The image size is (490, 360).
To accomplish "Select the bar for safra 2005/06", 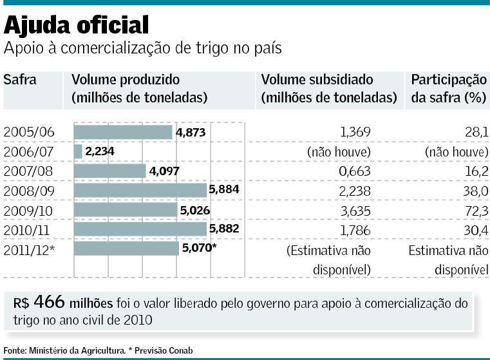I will click(x=123, y=132).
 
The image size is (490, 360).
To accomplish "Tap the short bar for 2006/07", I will click(x=78, y=151).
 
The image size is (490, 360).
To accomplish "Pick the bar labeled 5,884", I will click(x=140, y=191).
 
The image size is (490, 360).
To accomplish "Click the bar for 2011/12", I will click(x=126, y=249).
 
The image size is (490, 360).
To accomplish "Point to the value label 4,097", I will click(x=164, y=171).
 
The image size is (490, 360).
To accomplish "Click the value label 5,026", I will click(x=194, y=211).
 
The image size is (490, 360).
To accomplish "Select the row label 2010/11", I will click(x=29, y=230).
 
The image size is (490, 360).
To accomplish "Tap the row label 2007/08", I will click(x=29, y=171).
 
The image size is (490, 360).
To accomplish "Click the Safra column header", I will click(x=20, y=80).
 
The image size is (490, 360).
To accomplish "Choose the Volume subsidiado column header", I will click(x=317, y=80).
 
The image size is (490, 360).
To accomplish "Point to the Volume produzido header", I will click(x=126, y=80).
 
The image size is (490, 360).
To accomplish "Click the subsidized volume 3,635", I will click(x=355, y=211).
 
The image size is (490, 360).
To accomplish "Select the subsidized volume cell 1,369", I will click(x=355, y=132).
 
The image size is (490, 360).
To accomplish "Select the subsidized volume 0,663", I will click(x=355, y=171).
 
